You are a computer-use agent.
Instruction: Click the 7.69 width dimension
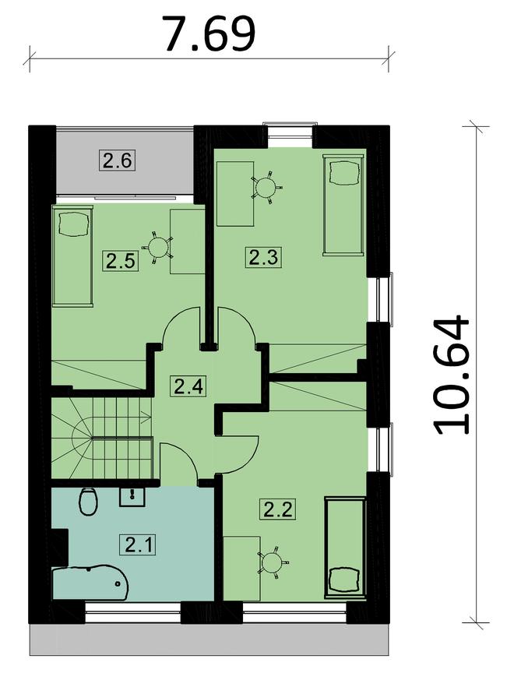tap(209, 33)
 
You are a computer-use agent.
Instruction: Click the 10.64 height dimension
tap(451, 375)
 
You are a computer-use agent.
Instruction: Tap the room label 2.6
tap(117, 160)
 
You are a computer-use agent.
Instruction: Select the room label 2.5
tap(120, 261)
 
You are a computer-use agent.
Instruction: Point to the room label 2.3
tap(263, 257)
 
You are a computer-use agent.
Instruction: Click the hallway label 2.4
tap(188, 386)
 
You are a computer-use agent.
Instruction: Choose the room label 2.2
tap(278, 509)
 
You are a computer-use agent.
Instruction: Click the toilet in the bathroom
tap(88, 502)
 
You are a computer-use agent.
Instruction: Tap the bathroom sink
tap(132, 496)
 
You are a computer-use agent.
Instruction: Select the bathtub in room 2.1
tap(90, 583)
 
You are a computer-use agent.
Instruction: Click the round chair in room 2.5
tap(158, 248)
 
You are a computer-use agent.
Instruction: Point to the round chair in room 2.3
tap(265, 188)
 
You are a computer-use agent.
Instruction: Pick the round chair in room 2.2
tap(273, 562)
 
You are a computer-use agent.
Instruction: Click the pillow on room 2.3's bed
tap(345, 171)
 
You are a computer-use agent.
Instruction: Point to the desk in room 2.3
tap(235, 194)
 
